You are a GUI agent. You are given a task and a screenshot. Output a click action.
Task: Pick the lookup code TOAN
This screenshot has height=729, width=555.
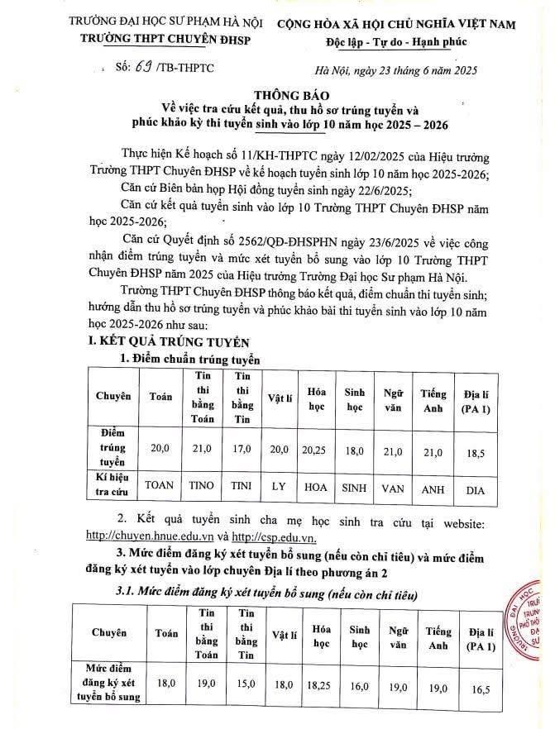(161, 488)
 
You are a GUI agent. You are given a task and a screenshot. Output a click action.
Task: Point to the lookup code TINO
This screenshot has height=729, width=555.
(203, 488)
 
